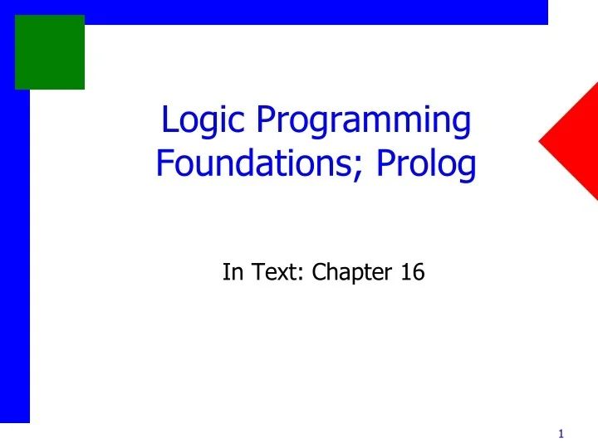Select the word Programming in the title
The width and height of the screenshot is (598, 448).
363,123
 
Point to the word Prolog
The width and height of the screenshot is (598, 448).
427,166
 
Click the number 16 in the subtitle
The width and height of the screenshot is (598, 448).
412,271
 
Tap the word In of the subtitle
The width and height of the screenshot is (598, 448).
232,271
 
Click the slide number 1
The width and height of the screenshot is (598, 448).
561,434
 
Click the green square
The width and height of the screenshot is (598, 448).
50,51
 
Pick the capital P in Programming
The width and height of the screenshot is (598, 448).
265,121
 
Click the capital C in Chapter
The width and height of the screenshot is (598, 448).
319,271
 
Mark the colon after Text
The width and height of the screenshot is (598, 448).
300,274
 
